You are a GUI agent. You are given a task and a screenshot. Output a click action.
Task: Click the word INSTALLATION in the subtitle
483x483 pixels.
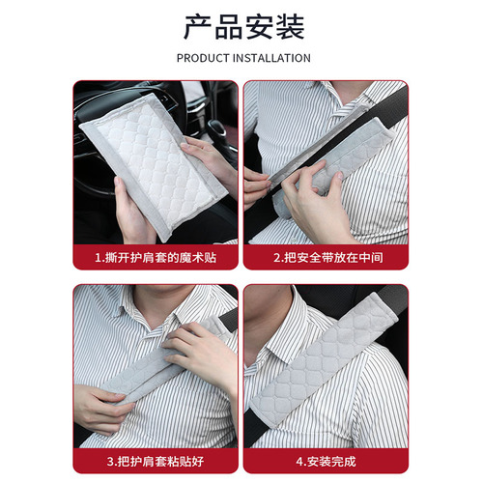click(x=274, y=58)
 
